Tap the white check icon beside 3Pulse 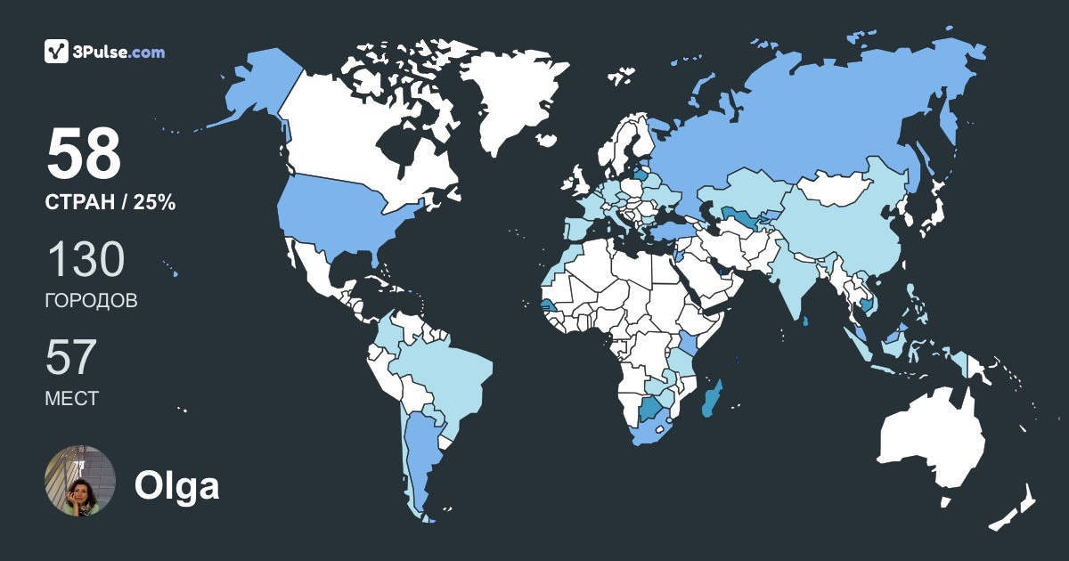(x=57, y=52)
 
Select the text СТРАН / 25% (x=110, y=203)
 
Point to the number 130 (x=86, y=260)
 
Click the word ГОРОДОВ (x=91, y=301)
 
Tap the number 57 (x=70, y=358)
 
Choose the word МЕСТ (x=71, y=399)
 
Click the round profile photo (x=80, y=481)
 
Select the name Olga (x=176, y=486)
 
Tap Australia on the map (x=931, y=441)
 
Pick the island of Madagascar (x=714, y=398)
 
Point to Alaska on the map (x=258, y=89)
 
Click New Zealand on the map (x=1016, y=508)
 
